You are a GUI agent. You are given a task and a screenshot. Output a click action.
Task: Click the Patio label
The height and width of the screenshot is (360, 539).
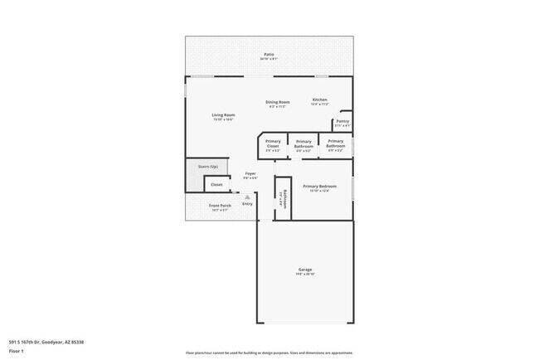(x=269, y=54)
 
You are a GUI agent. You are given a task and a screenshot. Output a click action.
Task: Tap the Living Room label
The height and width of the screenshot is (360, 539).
(x=223, y=114)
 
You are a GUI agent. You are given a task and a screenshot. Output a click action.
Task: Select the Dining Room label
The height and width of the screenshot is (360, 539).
(x=277, y=101)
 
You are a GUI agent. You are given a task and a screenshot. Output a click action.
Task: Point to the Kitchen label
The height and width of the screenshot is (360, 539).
(x=320, y=100)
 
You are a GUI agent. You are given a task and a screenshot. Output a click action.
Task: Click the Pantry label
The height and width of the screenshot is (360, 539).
(x=342, y=121)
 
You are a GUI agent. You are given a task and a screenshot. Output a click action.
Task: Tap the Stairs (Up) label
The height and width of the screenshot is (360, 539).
(x=208, y=167)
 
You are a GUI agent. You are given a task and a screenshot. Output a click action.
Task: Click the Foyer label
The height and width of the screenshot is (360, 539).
(x=250, y=173)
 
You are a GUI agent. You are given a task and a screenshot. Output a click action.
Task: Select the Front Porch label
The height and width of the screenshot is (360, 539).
(x=219, y=206)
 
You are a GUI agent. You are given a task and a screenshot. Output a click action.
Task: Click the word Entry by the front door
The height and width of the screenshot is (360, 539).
(x=247, y=204)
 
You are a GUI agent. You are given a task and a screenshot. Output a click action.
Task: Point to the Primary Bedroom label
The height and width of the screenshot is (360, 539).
(x=319, y=187)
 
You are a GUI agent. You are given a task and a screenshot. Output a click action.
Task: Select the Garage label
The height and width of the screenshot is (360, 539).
(x=304, y=270)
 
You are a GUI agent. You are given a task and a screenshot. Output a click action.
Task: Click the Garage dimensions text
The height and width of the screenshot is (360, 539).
(x=304, y=275)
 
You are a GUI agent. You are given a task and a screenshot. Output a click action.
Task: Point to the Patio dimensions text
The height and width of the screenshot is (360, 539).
(x=269, y=58)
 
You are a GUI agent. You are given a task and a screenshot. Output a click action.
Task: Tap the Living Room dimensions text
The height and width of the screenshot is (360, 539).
(x=223, y=119)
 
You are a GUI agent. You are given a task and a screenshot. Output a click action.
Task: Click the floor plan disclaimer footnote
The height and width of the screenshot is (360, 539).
(x=269, y=353)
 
